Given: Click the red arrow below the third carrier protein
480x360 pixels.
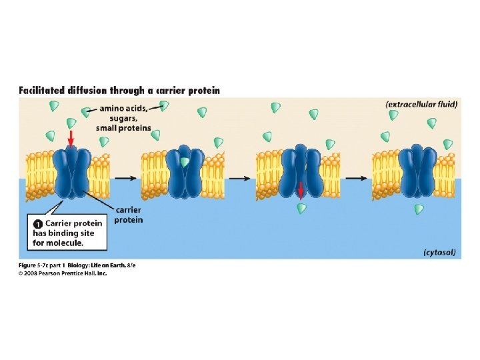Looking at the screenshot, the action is (x=301, y=191).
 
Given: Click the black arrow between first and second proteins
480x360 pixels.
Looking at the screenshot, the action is (x=125, y=178).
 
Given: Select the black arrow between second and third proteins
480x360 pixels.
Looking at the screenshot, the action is (x=240, y=178).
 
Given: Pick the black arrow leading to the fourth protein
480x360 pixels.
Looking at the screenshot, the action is (x=355, y=178).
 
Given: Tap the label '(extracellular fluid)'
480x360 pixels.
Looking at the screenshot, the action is (x=421, y=105).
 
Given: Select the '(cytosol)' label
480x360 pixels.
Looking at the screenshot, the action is (x=439, y=252).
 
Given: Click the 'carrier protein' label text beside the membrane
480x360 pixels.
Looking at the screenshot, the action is (x=129, y=215).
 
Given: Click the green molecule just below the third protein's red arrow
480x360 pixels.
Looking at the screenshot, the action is (x=302, y=209).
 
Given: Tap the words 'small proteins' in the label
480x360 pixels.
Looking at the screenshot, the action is (x=123, y=127).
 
